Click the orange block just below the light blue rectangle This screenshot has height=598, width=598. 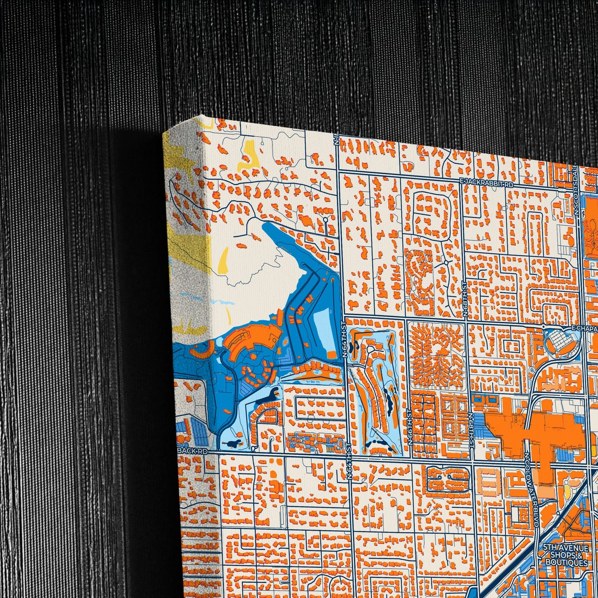coord(331,354)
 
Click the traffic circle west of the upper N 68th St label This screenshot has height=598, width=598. coord(446,262)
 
